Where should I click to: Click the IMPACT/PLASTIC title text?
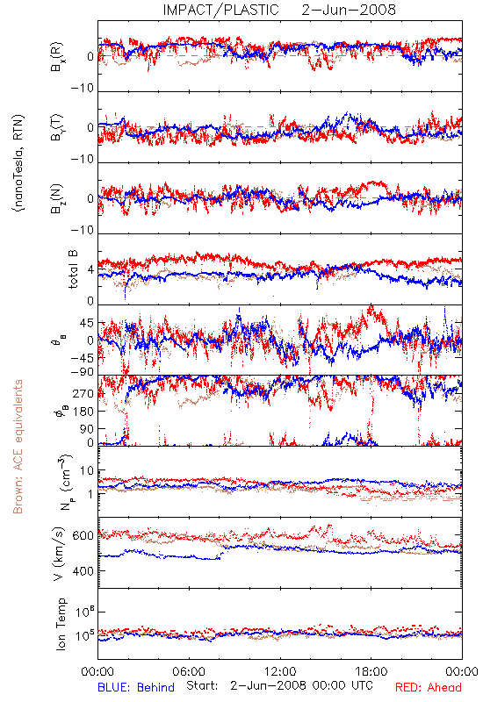coord(220,10)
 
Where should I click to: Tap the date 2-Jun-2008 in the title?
coord(349,10)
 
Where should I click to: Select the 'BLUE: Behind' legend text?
coord(136,687)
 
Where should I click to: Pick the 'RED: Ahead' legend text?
coord(428,687)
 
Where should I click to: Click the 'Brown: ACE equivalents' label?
coord(18,447)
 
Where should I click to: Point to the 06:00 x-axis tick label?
coord(189,671)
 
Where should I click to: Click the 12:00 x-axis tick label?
coord(280,671)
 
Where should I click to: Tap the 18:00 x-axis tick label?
coord(371,671)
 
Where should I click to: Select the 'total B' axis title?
coord(73,269)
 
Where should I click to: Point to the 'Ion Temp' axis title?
coord(61,624)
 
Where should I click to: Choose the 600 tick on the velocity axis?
coord(83,536)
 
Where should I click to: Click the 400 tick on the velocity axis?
coord(83,571)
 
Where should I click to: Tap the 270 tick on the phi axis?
coord(83,393)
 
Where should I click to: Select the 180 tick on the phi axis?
coord(83,411)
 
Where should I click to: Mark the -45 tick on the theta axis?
coord(82,358)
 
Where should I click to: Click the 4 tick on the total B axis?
coord(90,270)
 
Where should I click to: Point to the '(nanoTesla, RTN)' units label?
coord(18,163)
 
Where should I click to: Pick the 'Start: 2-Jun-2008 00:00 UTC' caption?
coord(279,686)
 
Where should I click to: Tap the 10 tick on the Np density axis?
coord(87,471)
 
